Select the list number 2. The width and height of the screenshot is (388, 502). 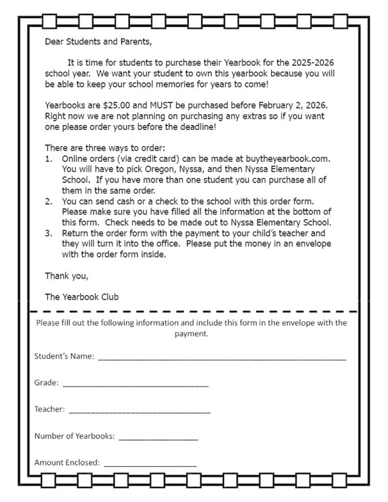coord(48,201)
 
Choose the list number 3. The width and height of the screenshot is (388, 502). coord(48,233)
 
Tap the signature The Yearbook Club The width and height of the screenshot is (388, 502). coord(82,296)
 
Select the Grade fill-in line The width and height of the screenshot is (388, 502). coord(136,385)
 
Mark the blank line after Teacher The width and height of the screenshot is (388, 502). coord(139,412)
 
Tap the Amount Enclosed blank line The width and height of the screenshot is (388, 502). coord(151,465)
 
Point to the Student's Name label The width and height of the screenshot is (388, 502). coord(64,356)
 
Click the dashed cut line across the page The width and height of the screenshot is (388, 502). coord(194,311)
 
